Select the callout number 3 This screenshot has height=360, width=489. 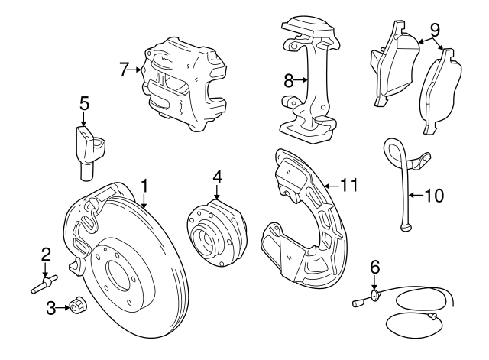click(51, 308)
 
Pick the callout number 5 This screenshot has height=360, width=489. click(84, 102)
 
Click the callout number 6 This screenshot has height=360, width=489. click(374, 267)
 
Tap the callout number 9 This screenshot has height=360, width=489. click(435, 31)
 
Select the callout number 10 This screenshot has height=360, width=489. click(432, 196)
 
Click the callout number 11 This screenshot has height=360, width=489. click(349, 184)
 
